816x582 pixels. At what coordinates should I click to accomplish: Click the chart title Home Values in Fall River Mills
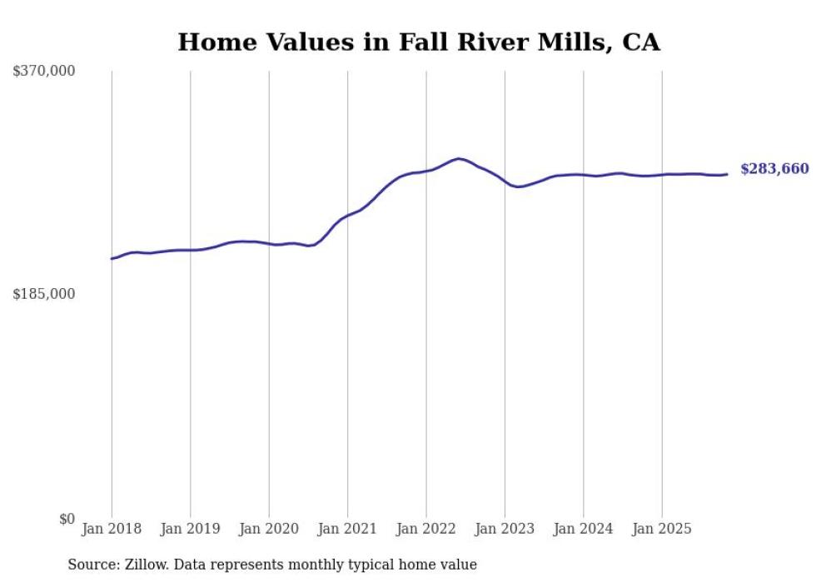tap(418, 42)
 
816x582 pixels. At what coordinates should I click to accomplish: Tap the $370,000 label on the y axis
tap(44, 72)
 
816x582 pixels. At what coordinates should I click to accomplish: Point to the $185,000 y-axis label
tap(44, 294)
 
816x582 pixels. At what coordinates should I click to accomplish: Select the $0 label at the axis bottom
tap(67, 519)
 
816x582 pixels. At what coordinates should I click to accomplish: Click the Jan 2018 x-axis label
tap(112, 529)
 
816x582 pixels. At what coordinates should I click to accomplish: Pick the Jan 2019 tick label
tap(190, 529)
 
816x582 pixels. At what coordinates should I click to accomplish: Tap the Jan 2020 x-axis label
tap(269, 529)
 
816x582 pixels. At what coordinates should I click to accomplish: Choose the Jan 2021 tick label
tap(347, 529)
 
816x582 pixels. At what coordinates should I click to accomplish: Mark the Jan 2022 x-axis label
tap(426, 529)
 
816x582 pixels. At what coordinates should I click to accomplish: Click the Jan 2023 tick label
tap(505, 529)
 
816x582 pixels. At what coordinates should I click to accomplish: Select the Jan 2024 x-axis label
tap(583, 529)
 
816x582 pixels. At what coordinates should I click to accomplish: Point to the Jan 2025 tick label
tap(662, 529)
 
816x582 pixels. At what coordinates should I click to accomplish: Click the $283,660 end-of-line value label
tap(774, 169)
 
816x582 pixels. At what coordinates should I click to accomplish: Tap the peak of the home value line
tap(459, 158)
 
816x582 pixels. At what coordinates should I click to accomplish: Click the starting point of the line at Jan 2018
tap(112, 259)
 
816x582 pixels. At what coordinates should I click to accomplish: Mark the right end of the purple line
tap(727, 174)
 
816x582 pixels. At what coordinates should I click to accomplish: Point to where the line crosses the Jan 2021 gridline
tap(347, 216)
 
